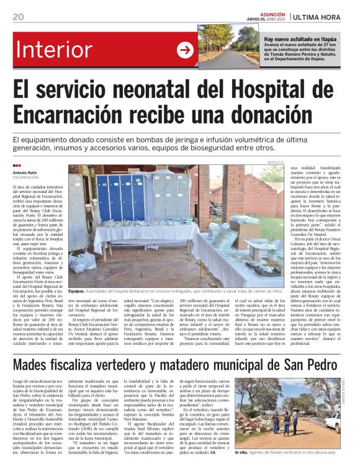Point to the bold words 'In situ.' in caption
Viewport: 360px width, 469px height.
coord(242,453)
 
